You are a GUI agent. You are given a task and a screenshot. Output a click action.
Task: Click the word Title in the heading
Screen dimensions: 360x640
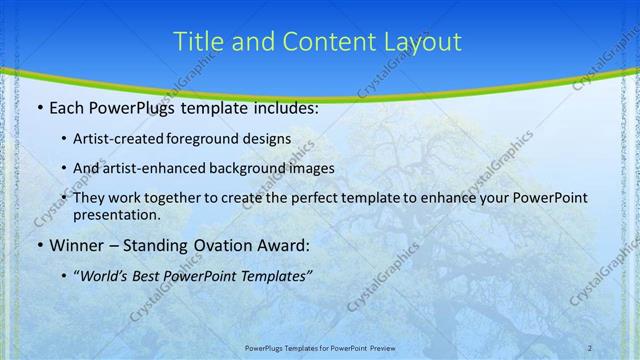[199, 41]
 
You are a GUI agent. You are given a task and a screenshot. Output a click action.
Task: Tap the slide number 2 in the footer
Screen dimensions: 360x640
[590, 348]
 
